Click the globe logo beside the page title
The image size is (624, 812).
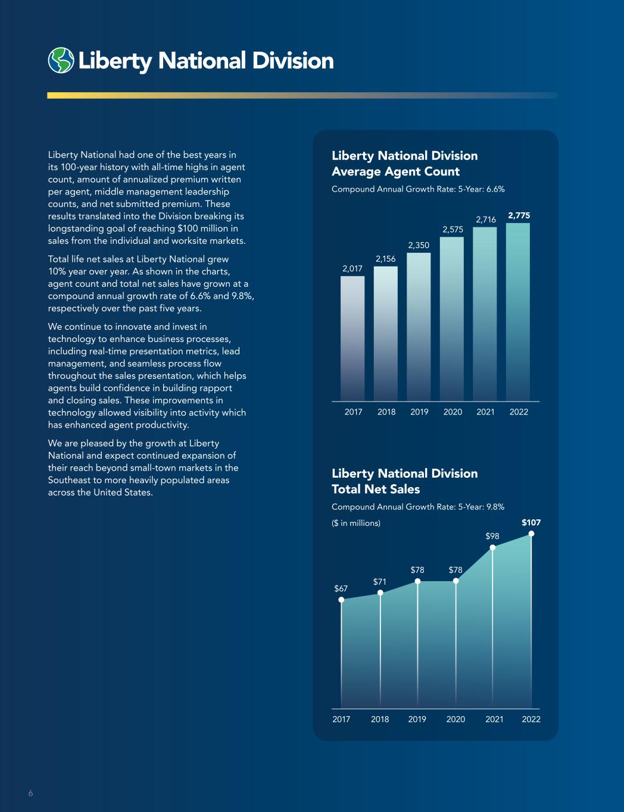pos(61,60)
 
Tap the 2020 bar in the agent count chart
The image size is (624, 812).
pos(452,319)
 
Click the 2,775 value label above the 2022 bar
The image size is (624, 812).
pos(519,215)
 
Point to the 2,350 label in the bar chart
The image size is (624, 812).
pos(419,245)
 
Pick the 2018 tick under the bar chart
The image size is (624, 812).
pos(386,412)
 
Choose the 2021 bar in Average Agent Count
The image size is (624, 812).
pos(485,314)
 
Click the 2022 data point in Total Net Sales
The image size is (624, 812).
pos(531,534)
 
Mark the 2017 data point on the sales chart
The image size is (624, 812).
pos(341,600)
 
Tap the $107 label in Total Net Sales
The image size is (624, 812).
pos(531,522)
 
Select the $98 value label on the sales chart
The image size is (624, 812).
pos(492,536)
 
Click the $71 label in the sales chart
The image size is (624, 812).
pos(380,582)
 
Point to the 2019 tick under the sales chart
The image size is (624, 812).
pos(417,719)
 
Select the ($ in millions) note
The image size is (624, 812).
pos(356,523)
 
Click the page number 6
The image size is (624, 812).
pos(31,793)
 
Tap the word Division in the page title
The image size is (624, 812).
pos(293,61)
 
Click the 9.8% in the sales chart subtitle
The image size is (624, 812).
pos(495,507)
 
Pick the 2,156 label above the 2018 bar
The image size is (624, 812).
pos(386,259)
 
